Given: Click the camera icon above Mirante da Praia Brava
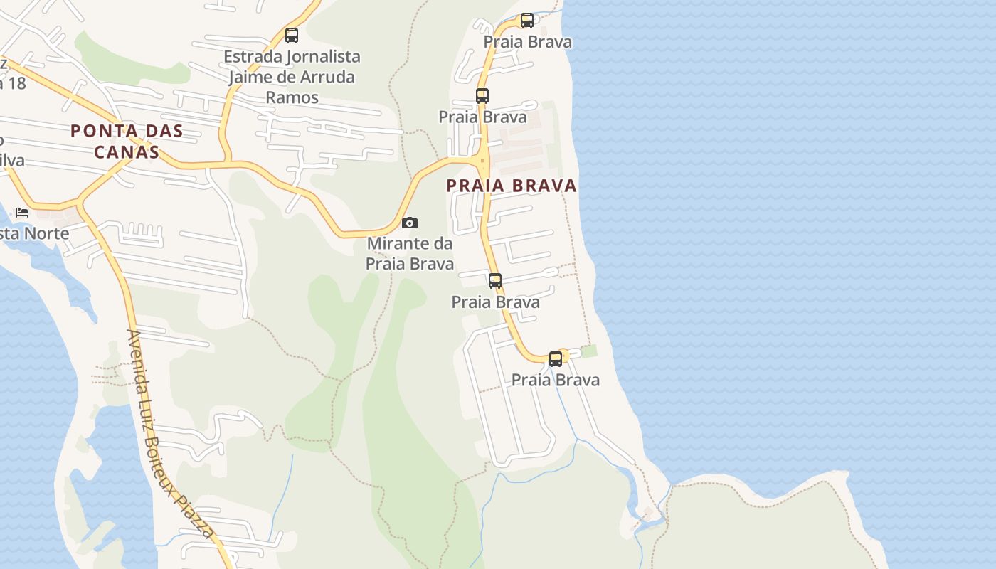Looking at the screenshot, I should [x=409, y=223].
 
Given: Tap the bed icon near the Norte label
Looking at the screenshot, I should [x=22, y=212].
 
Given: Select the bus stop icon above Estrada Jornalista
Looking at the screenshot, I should [x=291, y=35].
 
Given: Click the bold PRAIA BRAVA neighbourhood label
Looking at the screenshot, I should [x=512, y=186].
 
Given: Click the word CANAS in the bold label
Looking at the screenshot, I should [x=126, y=151].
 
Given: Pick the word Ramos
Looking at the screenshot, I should [x=292, y=97].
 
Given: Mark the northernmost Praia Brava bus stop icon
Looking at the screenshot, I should [x=526, y=21].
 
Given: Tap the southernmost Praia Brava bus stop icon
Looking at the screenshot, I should [x=555, y=359].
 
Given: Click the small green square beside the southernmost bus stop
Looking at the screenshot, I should [x=589, y=351].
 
